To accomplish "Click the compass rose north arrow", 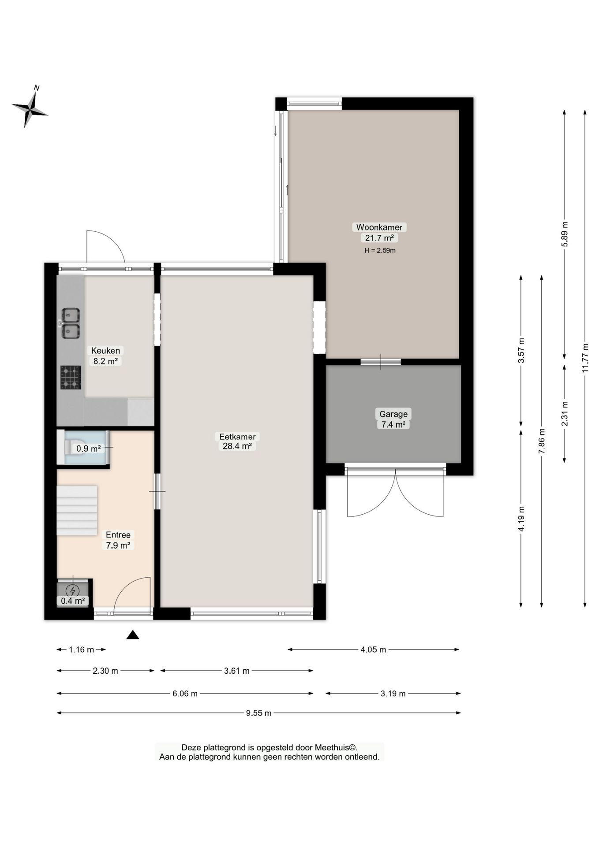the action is pyautogui.click(x=30, y=107).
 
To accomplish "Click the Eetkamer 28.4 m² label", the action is pyautogui.click(x=237, y=441).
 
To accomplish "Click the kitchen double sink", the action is pyautogui.click(x=70, y=323).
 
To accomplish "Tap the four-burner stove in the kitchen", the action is pyautogui.click(x=71, y=378).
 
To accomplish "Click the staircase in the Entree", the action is pyautogui.click(x=77, y=510).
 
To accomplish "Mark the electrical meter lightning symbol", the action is pyautogui.click(x=73, y=590).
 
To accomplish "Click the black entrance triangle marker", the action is pyautogui.click(x=133, y=635).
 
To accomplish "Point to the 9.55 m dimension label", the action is pyautogui.click(x=259, y=713).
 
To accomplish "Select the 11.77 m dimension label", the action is pyautogui.click(x=585, y=357).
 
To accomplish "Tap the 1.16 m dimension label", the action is pyautogui.click(x=82, y=649).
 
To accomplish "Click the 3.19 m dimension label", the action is pyautogui.click(x=393, y=694).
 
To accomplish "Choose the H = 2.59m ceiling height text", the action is pyautogui.click(x=380, y=251).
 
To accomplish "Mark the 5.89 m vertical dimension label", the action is pyautogui.click(x=565, y=234).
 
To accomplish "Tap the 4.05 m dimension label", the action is pyautogui.click(x=373, y=649).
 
